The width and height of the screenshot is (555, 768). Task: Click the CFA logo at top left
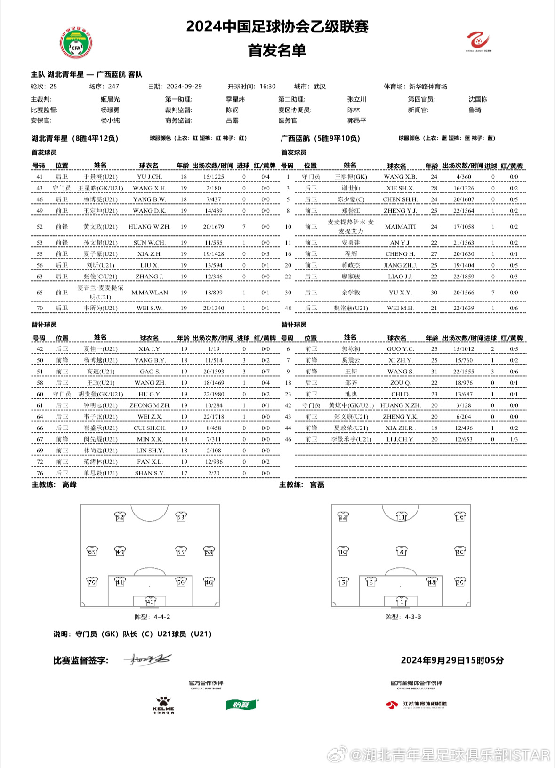tap(76, 43)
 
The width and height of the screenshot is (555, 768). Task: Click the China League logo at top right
tap(478, 41)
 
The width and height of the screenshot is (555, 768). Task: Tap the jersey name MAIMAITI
tap(400, 227)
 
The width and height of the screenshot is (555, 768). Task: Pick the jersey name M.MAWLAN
tap(149, 293)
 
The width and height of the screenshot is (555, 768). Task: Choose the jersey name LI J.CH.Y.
tap(400, 439)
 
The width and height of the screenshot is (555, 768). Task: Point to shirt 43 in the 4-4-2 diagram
tap(150, 602)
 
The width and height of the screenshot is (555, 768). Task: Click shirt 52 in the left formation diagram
tap(120, 517)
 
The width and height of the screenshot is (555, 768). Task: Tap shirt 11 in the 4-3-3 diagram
tap(401, 517)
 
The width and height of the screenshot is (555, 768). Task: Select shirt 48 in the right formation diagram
tap(432, 582)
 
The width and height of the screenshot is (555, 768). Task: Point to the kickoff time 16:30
tap(267, 87)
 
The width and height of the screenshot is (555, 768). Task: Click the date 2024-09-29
tap(184, 87)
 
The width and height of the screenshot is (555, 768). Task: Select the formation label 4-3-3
tap(403, 617)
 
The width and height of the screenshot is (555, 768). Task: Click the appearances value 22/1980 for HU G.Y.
tap(214, 394)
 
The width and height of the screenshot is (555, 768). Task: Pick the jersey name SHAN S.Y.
tap(149, 473)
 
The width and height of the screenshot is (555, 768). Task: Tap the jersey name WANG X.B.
tap(400, 177)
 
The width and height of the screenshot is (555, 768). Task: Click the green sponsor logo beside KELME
tap(241, 705)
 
